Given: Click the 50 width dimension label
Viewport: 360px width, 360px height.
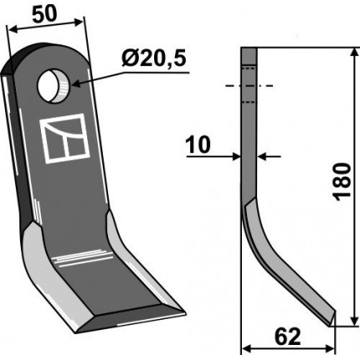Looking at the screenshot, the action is click(44, 14).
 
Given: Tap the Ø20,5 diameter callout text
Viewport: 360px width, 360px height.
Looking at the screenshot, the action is click(154, 59).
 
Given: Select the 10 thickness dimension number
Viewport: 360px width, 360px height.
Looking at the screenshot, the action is click(198, 145).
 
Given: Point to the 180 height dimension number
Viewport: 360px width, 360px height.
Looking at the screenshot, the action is click(342, 182).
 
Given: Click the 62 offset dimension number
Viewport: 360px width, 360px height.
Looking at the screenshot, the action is click(288, 337).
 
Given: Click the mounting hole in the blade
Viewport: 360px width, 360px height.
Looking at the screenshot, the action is click(54, 86).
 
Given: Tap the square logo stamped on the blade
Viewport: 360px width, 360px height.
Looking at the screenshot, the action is click(64, 138).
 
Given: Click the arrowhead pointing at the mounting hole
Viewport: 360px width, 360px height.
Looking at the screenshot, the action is click(76, 83).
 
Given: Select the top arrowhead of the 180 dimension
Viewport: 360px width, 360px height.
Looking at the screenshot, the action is click(354, 53).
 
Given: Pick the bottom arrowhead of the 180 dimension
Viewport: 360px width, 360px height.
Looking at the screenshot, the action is click(354, 321).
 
